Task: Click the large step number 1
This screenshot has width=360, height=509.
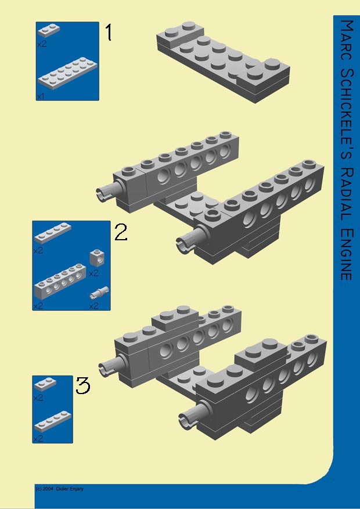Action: point(109,33)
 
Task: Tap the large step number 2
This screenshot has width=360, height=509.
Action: point(120,232)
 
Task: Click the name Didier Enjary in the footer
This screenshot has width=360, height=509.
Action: point(70,489)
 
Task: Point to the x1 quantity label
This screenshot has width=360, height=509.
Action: point(41,96)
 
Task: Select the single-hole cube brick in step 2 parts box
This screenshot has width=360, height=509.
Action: point(96,257)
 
